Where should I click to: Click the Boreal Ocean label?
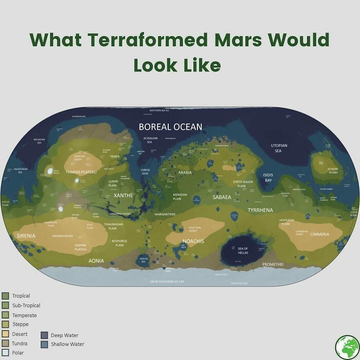[x=170, y=127]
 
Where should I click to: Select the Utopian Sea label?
[x=279, y=148]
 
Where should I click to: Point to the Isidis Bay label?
[x=268, y=178]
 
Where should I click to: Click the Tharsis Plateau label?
[x=81, y=172]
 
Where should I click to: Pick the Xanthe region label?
[x=123, y=195]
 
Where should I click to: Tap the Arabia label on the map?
[x=185, y=173]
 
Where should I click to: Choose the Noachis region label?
[x=193, y=241]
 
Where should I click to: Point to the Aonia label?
[x=96, y=261]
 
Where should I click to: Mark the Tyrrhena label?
[x=260, y=210]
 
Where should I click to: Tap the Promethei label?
[x=273, y=264]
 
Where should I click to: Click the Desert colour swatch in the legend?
[x=5, y=334]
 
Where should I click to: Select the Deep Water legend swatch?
[x=44, y=335]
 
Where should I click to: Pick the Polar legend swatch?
[x=5, y=353]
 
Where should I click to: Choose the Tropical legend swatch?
[x=5, y=296]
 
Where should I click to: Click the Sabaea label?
[x=222, y=197]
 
